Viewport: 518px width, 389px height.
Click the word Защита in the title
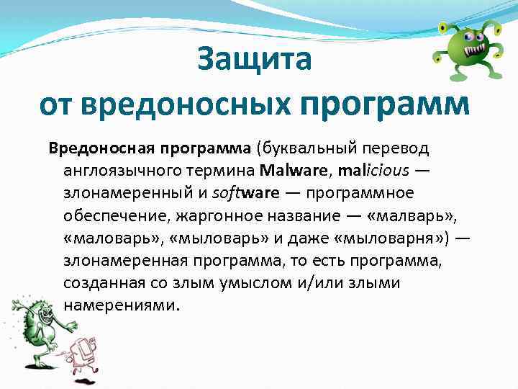pyautogui.click(x=255, y=60)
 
